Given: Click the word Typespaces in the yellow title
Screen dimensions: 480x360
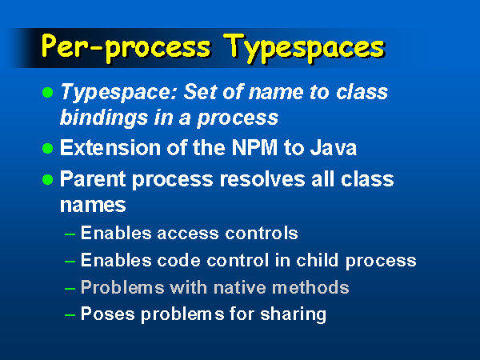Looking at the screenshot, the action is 304,48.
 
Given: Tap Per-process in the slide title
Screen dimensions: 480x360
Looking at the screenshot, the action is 126,48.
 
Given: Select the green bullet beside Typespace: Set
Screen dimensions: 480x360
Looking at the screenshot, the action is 47,92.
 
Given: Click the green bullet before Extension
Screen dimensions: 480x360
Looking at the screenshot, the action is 47,149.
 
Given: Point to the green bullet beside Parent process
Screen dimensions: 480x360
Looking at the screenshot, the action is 47,180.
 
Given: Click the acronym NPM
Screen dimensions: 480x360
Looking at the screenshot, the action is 254,148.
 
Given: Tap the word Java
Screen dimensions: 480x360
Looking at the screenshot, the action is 334,148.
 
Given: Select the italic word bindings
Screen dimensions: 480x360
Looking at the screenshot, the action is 104,118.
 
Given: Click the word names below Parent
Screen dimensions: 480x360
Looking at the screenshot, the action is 93,206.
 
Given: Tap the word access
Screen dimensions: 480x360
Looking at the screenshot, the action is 188,234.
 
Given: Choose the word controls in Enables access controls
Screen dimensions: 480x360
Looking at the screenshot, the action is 261,234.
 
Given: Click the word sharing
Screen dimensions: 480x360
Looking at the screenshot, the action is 293,315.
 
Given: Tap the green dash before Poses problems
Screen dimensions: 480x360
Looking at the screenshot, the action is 70,315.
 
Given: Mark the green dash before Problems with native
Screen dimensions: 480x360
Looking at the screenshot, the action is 70,288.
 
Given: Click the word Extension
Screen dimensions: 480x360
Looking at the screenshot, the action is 110,148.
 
